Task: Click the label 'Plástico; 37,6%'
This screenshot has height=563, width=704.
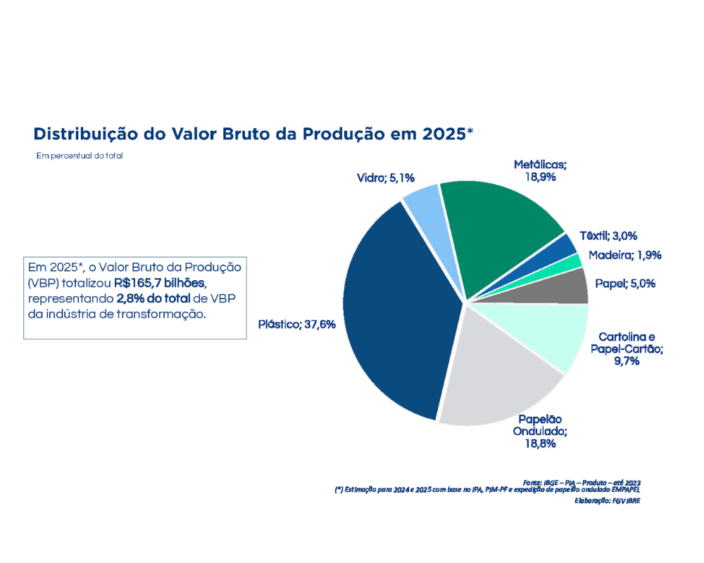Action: [x=296, y=324]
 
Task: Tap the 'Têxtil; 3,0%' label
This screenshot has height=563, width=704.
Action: [x=608, y=236]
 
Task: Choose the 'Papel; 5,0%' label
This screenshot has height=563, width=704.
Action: [x=625, y=284]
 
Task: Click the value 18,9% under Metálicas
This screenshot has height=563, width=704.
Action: [x=540, y=177]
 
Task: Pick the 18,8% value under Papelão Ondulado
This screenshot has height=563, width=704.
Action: [x=540, y=443]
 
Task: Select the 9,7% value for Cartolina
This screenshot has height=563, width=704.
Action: [x=625, y=361]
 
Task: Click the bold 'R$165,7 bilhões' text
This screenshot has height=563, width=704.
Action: [x=160, y=283]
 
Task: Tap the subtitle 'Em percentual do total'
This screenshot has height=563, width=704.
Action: [x=80, y=156]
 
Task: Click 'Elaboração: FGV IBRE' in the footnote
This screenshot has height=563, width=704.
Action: [x=608, y=500]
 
